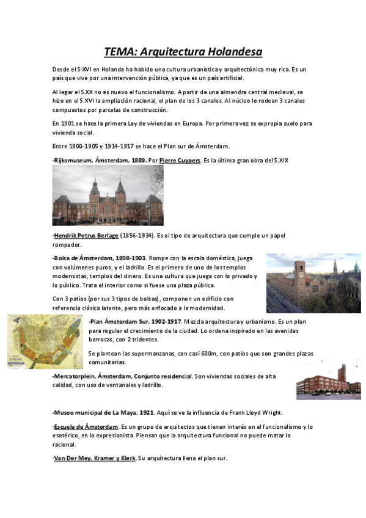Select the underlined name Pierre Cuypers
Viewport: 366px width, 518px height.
(180, 160)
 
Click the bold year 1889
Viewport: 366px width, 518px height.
(138, 160)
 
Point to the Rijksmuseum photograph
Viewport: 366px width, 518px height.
(108, 195)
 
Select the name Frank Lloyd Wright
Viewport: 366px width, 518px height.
(277, 412)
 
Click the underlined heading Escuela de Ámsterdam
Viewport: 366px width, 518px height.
(86, 426)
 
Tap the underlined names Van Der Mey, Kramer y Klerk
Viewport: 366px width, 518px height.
(95, 458)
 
